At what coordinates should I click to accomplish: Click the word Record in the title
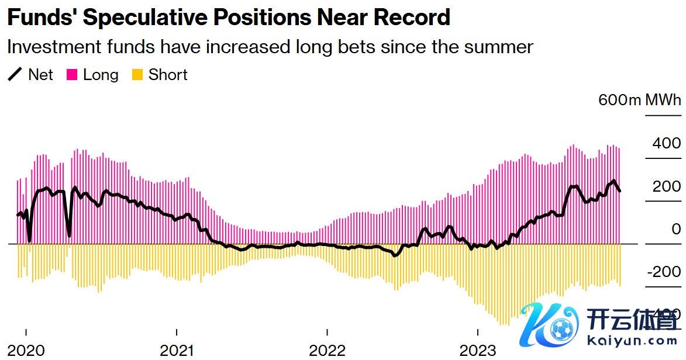[x=412, y=18]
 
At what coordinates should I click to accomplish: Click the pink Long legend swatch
[x=73, y=75]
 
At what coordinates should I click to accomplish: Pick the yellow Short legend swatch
[x=137, y=75]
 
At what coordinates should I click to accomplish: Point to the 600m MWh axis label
[x=639, y=100]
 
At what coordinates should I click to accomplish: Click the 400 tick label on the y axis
[x=666, y=143]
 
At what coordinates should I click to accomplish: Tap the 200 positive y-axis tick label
[x=666, y=186]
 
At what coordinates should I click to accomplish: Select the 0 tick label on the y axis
[x=675, y=229]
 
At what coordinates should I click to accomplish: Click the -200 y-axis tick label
[x=663, y=272]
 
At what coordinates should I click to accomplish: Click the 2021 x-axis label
[x=177, y=350]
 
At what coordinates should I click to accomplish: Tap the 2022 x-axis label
[x=328, y=350]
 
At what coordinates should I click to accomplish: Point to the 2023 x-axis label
[x=478, y=350]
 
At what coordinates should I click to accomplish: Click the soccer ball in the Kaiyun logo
[x=561, y=331]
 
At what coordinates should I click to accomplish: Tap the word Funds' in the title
[x=42, y=18]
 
